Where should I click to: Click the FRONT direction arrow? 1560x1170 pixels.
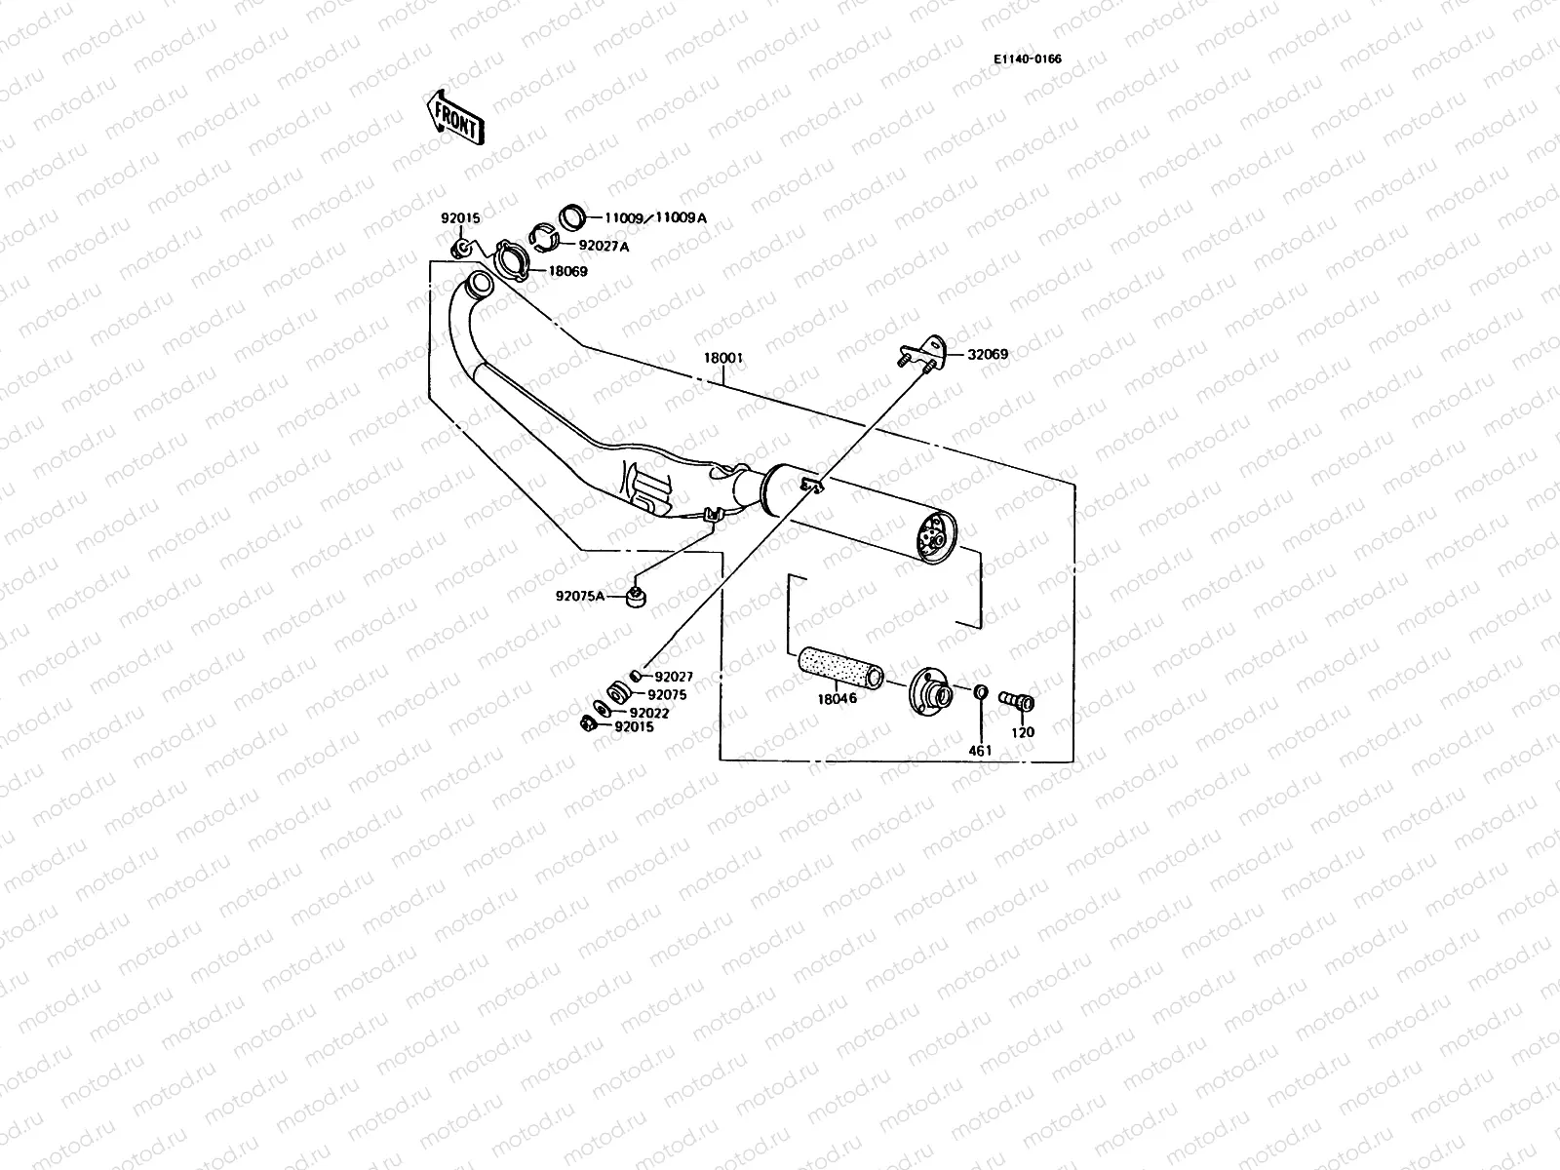click(x=454, y=116)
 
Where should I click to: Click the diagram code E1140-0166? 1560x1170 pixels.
click(x=1028, y=58)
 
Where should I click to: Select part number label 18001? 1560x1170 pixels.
click(x=722, y=358)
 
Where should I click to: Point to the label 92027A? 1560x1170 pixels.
click(x=604, y=247)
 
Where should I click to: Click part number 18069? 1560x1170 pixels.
click(x=568, y=271)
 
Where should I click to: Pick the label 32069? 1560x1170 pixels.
click(x=988, y=355)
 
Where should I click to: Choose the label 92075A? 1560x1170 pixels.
click(x=581, y=595)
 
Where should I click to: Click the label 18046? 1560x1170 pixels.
click(x=837, y=699)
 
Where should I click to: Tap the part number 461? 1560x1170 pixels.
click(x=980, y=751)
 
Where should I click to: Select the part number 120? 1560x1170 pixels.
click(x=1023, y=732)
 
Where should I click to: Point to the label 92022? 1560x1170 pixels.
click(x=648, y=713)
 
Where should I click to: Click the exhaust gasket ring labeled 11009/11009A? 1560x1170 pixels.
click(x=572, y=216)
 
